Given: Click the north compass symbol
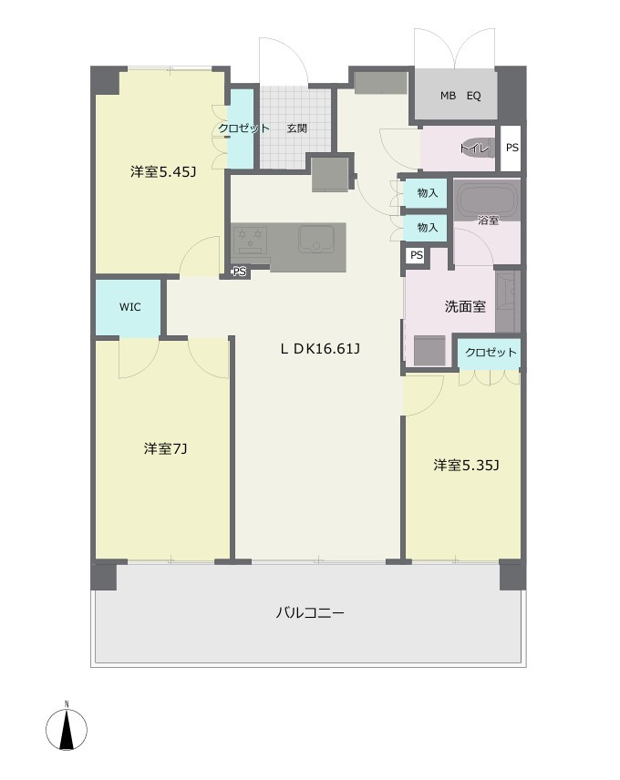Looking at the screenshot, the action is pos(67,728).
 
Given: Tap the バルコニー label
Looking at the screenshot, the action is pos(309,612).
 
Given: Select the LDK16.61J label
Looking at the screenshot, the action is pos(320,349).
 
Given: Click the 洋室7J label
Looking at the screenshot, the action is pos(165,448).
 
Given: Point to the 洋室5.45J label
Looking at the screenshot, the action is pos(163,172).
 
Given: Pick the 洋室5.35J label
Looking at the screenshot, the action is pos(466,465).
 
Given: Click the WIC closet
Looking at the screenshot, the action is pos(129,307).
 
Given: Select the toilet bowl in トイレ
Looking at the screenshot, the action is pos(477,148).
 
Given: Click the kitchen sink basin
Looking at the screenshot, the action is pos(316,240).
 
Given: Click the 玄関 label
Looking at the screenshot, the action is pos(296,128).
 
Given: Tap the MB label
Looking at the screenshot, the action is pos(448,96).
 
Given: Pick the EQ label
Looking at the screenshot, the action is pos(474,96).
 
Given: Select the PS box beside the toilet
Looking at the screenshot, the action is pos(511,149).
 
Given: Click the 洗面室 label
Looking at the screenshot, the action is pos(465,306).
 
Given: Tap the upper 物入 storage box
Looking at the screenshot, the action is pos(426,192).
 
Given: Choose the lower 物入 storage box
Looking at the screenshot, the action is pos(426,228).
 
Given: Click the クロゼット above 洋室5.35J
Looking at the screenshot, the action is pos(490,354).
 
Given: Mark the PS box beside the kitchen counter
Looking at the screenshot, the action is pos(240,272).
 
